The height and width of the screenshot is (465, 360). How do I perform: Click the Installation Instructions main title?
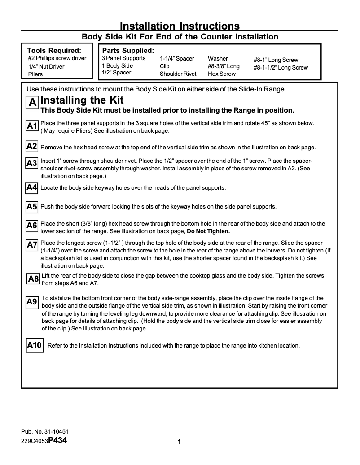(180, 26)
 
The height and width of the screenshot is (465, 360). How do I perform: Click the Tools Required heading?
(54, 51)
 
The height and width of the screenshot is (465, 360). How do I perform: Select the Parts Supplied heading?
(128, 51)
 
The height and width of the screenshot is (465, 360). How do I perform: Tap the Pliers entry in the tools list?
(35, 74)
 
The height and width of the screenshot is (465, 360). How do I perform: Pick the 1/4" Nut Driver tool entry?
(46, 67)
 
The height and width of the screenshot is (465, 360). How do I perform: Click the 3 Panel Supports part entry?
(123, 58)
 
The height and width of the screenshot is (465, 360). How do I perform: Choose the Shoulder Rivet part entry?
(178, 74)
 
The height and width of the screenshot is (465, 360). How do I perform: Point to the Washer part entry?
(218, 58)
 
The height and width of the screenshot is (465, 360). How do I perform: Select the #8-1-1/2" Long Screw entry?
(281, 68)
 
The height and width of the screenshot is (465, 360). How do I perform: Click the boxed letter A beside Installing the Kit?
(32, 102)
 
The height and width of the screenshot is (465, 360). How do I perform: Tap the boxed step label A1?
(32, 126)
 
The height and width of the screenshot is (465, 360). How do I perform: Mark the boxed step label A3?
(32, 163)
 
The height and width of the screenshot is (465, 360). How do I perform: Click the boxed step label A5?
(32, 207)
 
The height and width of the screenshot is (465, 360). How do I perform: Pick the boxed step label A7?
(32, 245)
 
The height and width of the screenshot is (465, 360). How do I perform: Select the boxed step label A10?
(34, 345)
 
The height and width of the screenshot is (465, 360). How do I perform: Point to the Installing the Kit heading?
(82, 100)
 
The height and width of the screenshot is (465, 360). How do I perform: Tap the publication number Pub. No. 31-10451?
(44, 432)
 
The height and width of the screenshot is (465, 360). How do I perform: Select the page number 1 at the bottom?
(179, 443)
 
